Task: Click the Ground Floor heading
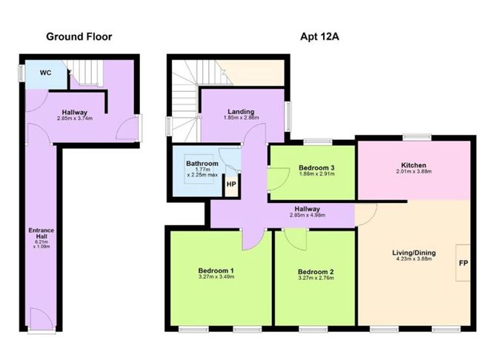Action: tap(79, 36)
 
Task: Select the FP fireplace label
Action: tap(463, 263)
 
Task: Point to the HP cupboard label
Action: tap(231, 184)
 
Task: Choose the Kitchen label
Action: tap(413, 164)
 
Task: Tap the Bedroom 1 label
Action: tap(216, 270)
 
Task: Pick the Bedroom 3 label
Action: tap(311, 168)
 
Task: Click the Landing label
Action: tap(242, 112)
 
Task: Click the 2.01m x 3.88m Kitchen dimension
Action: tap(413, 173)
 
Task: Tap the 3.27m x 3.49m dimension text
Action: tap(216, 278)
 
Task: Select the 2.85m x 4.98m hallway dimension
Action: tap(310, 216)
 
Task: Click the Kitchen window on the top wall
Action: tap(416, 136)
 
